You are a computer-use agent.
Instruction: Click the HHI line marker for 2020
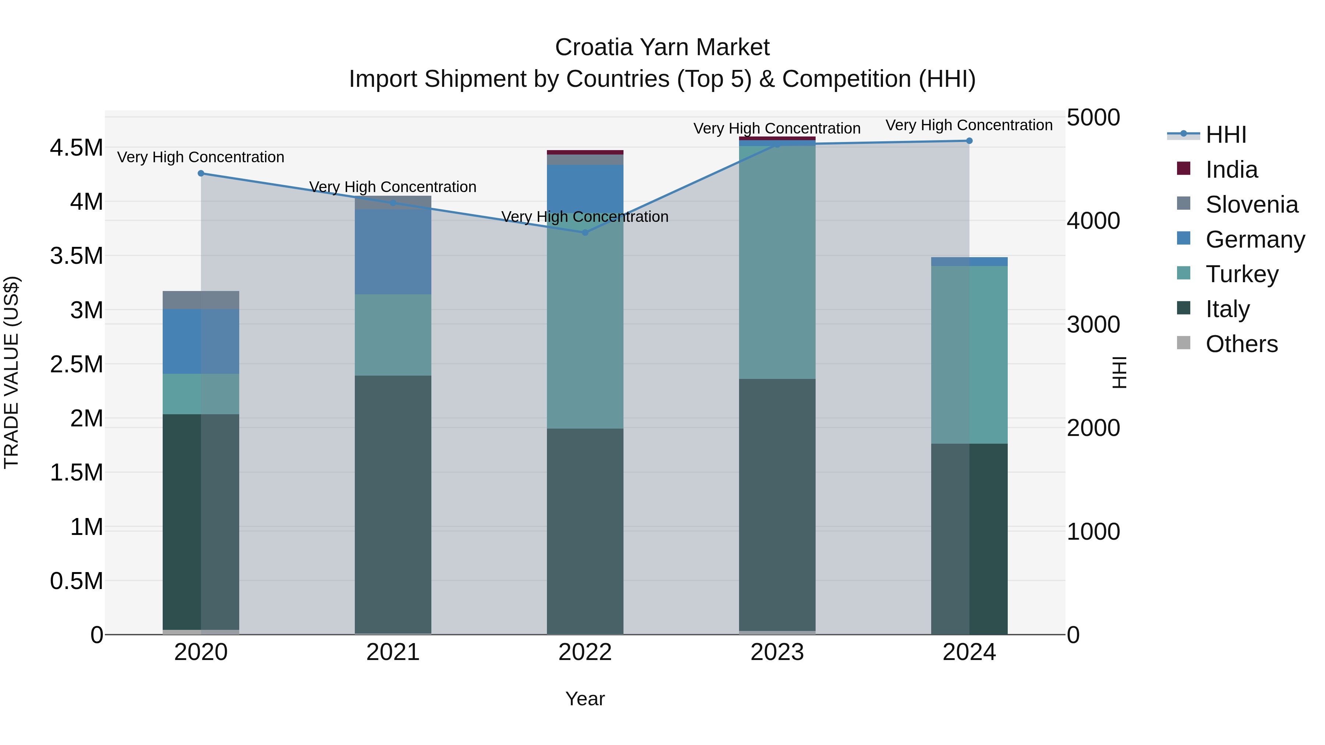point(201,173)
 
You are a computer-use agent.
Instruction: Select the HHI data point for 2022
point(585,233)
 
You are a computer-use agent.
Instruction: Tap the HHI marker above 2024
point(969,141)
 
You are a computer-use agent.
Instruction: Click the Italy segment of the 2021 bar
point(393,504)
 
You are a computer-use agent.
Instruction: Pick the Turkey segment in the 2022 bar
point(585,329)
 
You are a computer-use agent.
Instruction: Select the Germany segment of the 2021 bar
point(393,252)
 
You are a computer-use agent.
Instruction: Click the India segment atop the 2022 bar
point(585,152)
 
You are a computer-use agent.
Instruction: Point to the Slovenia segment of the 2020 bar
point(201,300)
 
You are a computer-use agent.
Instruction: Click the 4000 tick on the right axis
point(1093,221)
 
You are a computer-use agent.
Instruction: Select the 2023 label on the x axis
point(777,652)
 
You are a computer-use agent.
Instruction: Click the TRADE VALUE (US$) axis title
point(11,372)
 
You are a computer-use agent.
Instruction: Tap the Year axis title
point(585,699)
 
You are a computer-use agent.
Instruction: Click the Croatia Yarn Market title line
point(662,47)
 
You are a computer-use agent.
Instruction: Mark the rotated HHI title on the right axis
point(1119,372)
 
